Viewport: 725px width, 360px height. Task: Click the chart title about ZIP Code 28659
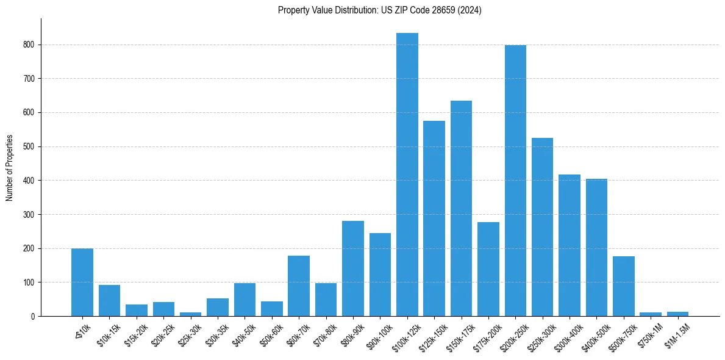(379, 10)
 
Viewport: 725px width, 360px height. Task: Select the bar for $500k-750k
(624, 286)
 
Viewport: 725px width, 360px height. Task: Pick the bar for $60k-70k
(299, 286)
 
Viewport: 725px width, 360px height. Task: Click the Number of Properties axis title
(10, 168)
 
